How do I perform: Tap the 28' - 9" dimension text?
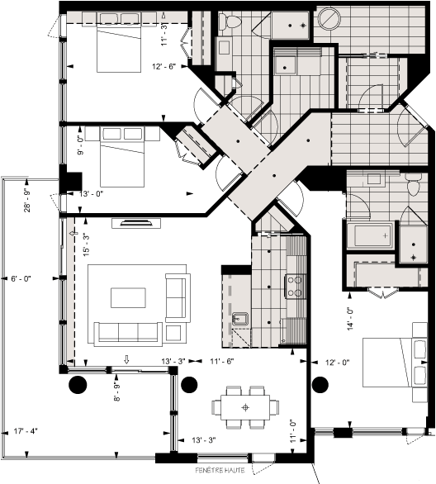pyautogui.click(x=28, y=200)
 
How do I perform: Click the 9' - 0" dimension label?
pyautogui.click(x=80, y=145)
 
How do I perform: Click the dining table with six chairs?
pyautogui.click(x=244, y=406)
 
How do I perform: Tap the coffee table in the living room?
pyautogui.click(x=130, y=298)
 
